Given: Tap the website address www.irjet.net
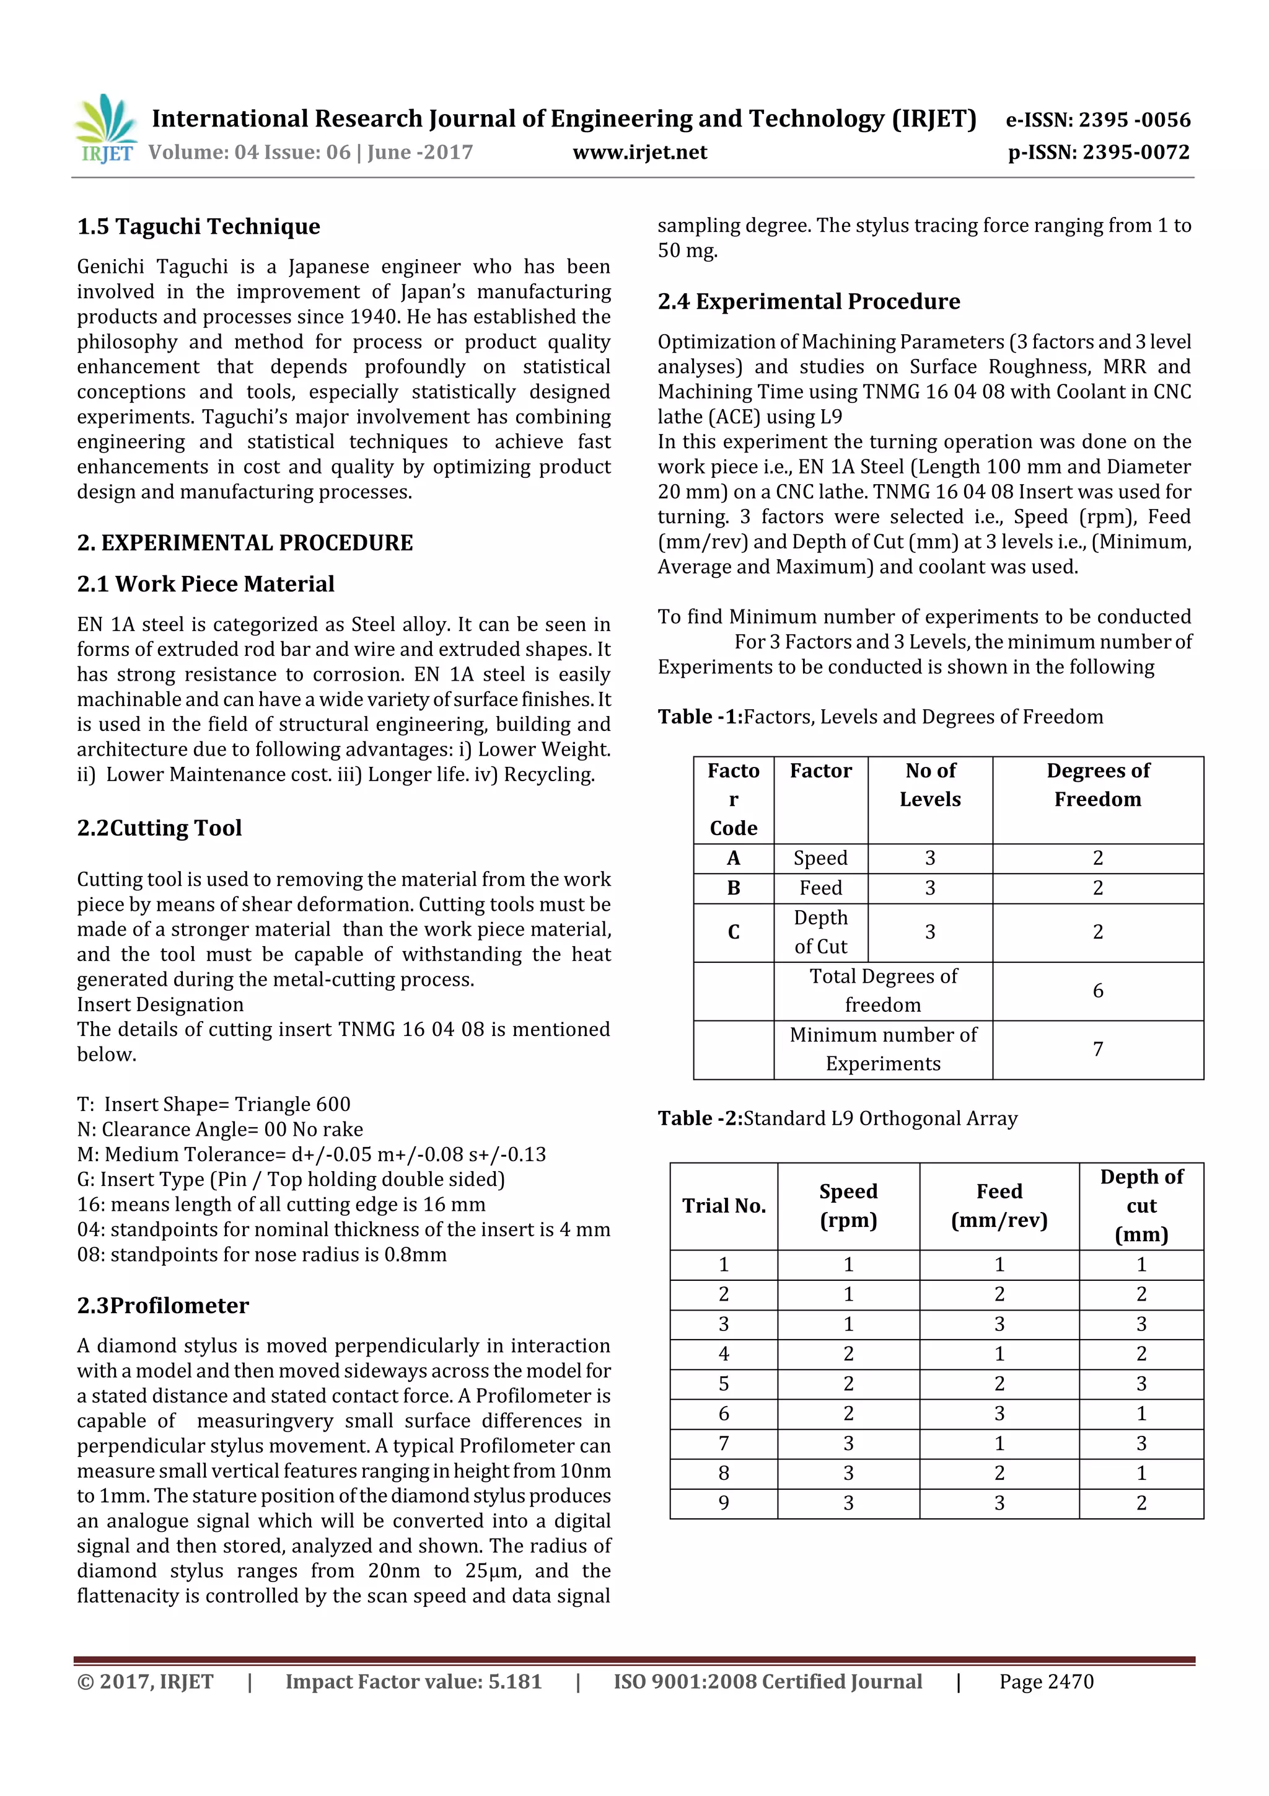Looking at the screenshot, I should tap(639, 153).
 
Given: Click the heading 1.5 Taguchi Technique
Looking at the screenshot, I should tap(199, 227).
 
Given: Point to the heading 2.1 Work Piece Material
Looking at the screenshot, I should tap(206, 585).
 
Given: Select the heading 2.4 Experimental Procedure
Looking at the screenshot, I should tap(809, 302).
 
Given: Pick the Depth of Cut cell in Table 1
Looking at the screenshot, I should tap(820, 932).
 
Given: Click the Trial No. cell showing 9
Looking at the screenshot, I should tap(723, 1503).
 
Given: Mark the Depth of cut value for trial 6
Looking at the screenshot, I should tap(1141, 1414).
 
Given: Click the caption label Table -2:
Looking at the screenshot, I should tap(700, 1118).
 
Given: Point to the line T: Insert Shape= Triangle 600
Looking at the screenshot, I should tap(213, 1105).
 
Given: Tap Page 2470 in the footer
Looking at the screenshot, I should tap(1045, 1682).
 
